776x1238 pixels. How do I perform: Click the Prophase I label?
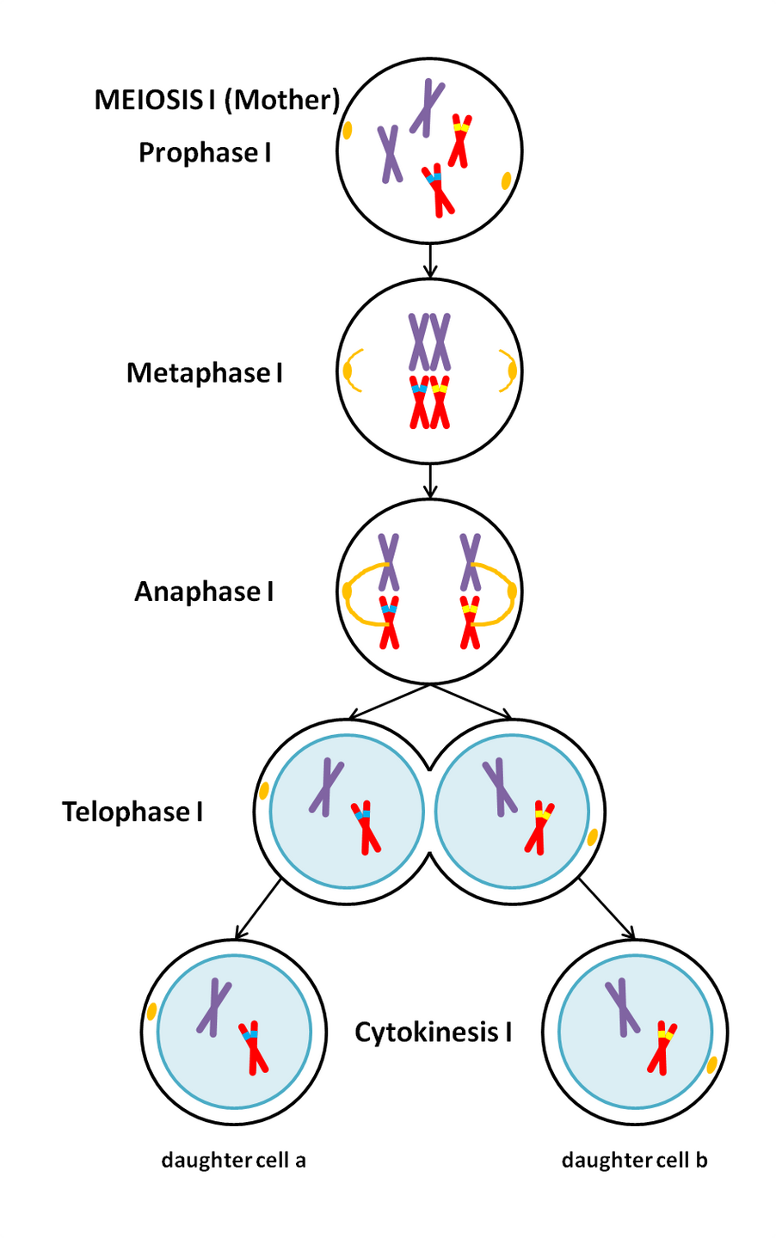tap(205, 153)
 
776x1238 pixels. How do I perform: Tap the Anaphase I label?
tap(204, 592)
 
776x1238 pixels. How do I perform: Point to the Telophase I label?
tap(132, 812)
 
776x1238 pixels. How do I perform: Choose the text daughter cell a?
tap(233, 1161)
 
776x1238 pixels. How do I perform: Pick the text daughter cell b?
tap(634, 1161)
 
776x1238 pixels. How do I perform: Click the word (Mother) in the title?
tap(282, 100)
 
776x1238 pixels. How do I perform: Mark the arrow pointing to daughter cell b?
tap(607, 910)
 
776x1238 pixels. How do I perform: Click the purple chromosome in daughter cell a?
tap(213, 1007)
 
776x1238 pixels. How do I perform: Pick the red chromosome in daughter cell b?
tap(662, 1047)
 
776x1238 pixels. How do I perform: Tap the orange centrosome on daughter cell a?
tap(151, 1012)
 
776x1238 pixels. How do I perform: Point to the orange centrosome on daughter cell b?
tap(711, 1066)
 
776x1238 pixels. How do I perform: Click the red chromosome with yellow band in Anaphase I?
tap(470, 622)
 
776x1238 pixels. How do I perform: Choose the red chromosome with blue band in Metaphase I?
tap(419, 402)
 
